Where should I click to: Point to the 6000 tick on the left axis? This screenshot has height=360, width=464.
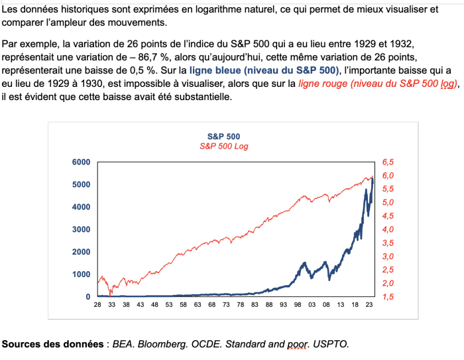click(81, 162)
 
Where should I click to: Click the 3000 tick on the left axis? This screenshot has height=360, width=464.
click(81, 229)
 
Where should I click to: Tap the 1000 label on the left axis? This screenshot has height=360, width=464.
click(81, 274)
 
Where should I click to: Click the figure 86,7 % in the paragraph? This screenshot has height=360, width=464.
click(161, 57)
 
